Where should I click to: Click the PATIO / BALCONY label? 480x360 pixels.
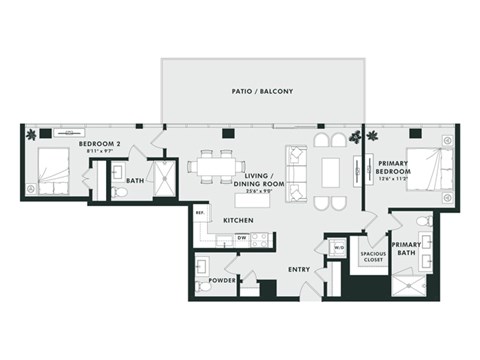pos(262,92)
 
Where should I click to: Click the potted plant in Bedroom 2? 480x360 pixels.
pos(32,133)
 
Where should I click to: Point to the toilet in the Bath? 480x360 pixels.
pos(117,189)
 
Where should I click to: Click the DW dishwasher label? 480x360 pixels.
pos(241,238)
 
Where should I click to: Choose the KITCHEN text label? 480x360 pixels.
pos(238,220)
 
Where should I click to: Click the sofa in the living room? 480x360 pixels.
pos(298,164)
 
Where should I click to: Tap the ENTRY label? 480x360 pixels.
pos(298,269)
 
